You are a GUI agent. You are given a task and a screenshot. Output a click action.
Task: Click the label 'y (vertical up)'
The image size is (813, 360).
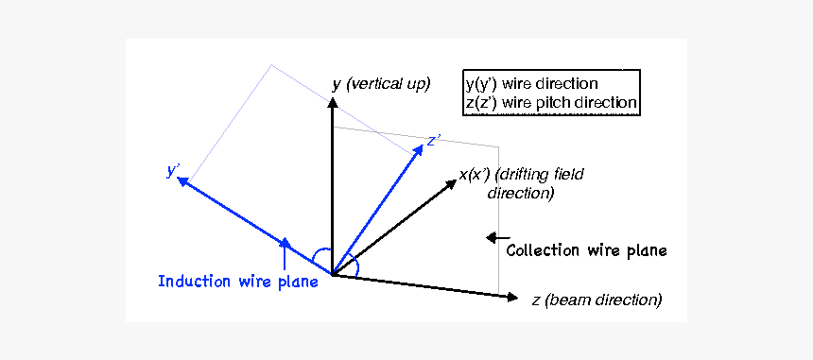point(381,84)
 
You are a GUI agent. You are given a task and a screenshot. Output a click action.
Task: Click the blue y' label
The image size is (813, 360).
point(172,171)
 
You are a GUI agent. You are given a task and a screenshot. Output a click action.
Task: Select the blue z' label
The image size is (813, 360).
point(434,141)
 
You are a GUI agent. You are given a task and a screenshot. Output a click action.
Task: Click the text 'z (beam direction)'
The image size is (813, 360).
point(596,300)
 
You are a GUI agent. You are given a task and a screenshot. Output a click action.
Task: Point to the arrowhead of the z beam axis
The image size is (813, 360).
point(513,298)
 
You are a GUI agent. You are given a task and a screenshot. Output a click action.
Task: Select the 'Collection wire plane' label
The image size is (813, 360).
point(586,250)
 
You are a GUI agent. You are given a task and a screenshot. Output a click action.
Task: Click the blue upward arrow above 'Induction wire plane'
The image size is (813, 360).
point(285,248)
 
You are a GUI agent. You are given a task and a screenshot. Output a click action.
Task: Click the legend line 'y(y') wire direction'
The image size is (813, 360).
point(531,83)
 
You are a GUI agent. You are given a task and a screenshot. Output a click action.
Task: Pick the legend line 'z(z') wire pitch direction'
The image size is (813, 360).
point(551,102)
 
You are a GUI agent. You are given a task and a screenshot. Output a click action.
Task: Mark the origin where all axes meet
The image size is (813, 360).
point(332,275)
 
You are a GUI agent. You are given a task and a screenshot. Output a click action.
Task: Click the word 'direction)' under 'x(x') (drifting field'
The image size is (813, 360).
point(520,193)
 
